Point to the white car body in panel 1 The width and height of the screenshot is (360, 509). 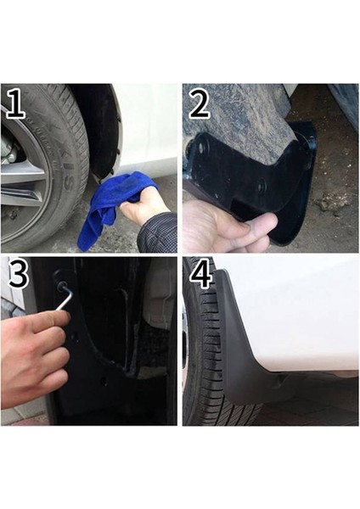[x=149, y=127]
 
